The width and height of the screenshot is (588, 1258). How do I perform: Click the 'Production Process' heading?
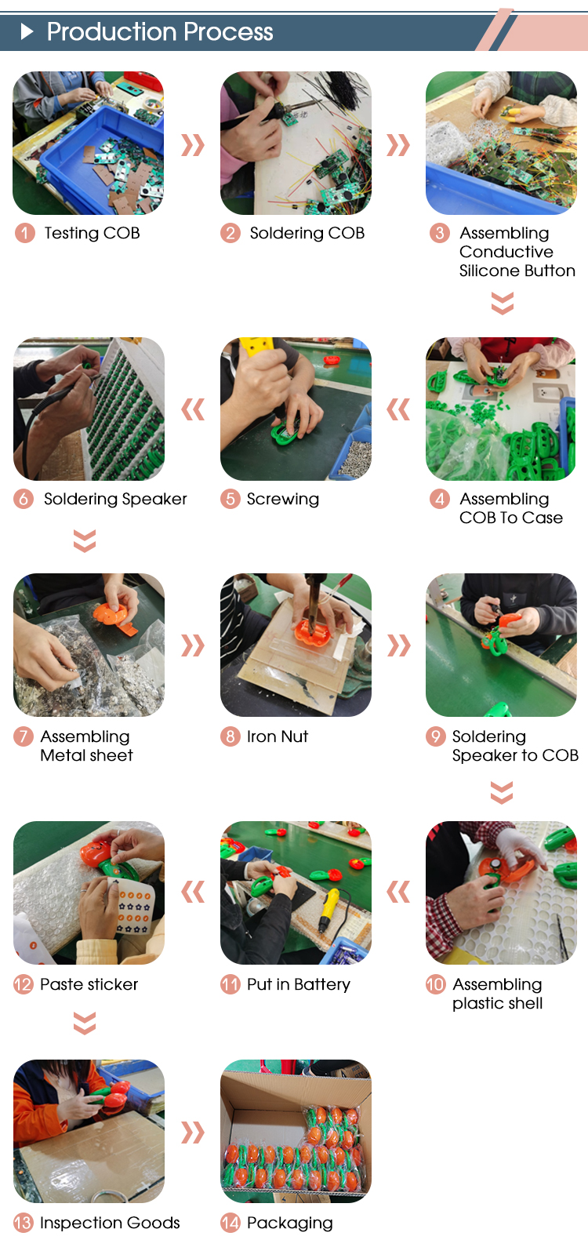159,31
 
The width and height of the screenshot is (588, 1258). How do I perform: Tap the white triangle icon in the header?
27,31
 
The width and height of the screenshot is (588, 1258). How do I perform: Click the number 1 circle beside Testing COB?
25,232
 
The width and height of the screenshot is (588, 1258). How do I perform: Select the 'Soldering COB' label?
307,232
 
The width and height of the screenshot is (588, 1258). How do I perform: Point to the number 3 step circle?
439,232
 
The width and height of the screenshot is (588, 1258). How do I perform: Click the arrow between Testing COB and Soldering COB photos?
193,145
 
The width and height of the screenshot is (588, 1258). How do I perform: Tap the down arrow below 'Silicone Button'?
502,304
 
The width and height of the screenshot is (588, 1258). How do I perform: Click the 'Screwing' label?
282,499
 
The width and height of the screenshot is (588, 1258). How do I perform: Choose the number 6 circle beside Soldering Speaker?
24,499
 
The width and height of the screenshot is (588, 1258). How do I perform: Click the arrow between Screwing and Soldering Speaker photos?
193,409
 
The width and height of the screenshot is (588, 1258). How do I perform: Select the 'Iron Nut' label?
278,736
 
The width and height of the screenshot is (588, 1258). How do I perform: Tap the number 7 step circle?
24,736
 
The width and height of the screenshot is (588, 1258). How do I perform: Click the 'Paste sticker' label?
89,984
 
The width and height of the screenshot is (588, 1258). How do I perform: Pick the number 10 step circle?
435,984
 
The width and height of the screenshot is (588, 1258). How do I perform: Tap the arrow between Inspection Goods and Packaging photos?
193,1133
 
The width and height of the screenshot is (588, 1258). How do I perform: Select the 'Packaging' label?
290,1223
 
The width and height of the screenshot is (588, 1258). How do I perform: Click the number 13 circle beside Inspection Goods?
24,1223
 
